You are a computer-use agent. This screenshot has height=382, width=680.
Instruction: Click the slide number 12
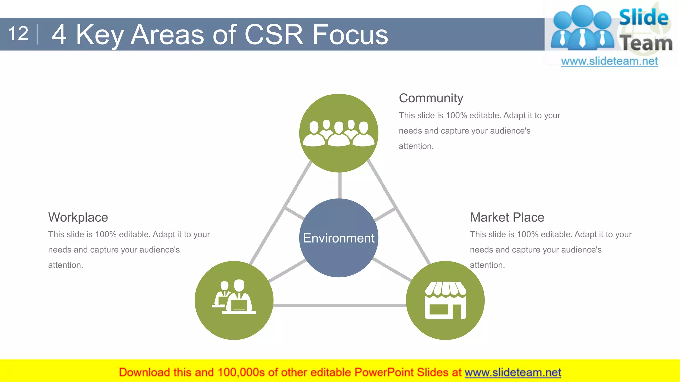point(18,34)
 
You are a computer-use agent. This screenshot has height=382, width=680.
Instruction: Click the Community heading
point(431,98)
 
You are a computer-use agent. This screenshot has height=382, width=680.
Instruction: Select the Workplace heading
point(78,217)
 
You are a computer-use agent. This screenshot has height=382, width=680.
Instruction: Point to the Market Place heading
point(507,217)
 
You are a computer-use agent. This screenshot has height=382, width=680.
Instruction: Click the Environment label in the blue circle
point(339,238)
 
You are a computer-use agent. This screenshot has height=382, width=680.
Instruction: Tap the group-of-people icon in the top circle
point(339,133)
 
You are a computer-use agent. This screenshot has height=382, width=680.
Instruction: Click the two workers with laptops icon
point(234,297)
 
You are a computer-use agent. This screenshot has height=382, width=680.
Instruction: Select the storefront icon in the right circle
point(445,300)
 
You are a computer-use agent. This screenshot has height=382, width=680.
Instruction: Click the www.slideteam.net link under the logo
point(609,61)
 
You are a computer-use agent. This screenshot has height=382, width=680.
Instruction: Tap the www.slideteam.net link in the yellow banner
point(513,372)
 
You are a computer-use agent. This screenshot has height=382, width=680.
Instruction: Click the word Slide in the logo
point(643,17)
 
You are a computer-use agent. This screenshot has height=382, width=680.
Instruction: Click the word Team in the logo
point(646,43)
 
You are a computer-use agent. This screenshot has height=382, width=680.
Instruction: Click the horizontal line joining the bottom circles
point(339,305)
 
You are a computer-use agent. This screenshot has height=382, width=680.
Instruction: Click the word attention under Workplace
point(65,265)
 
